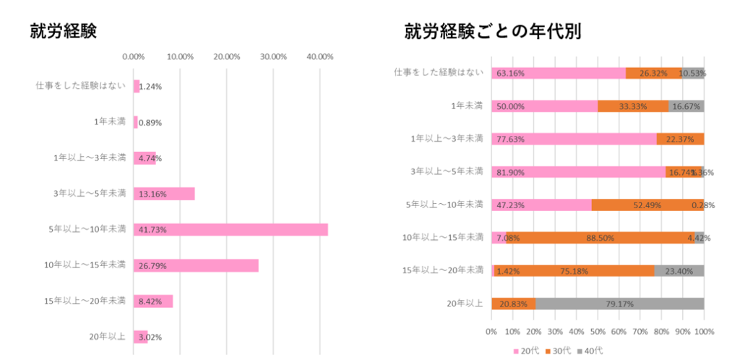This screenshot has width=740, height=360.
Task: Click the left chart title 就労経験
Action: click(63, 31)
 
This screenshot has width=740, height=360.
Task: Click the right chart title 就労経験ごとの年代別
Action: click(494, 31)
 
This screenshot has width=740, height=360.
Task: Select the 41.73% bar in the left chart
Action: click(231, 230)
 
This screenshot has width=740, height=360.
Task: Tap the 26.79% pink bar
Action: click(196, 265)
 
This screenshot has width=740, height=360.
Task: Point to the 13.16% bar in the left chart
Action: click(164, 194)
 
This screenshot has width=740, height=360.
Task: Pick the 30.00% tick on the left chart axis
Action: click(273, 56)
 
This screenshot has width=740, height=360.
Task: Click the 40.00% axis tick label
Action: click(319, 56)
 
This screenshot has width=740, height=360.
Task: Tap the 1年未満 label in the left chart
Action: click(110, 121)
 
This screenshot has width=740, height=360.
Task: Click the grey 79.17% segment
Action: click(619, 304)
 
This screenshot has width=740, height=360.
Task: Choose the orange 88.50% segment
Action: click(598, 237)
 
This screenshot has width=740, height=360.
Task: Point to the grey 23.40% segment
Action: click(679, 270)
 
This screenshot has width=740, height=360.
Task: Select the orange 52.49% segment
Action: click(647, 205)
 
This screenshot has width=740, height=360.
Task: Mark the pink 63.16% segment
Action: click(558, 73)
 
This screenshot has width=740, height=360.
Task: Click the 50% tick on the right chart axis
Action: click(598, 332)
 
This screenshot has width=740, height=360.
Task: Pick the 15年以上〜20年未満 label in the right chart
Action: click(442, 270)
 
